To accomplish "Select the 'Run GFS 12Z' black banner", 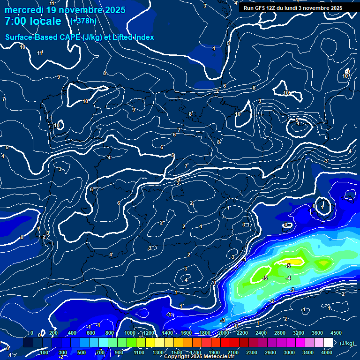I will pos(292,8).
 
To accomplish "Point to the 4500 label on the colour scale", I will pos(336,333).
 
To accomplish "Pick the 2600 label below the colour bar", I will pos(270,352).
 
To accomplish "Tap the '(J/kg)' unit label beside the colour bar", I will pos(347,343).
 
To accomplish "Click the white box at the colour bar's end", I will pos(328,343).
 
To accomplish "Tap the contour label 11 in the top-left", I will pos(40,53).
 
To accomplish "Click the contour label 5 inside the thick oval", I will pos(297,120).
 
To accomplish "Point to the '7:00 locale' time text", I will pos(33,21).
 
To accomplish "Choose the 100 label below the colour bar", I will pos(44,352).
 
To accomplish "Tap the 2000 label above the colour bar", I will pos(223,333).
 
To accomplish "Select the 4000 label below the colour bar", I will pos(327,352).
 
